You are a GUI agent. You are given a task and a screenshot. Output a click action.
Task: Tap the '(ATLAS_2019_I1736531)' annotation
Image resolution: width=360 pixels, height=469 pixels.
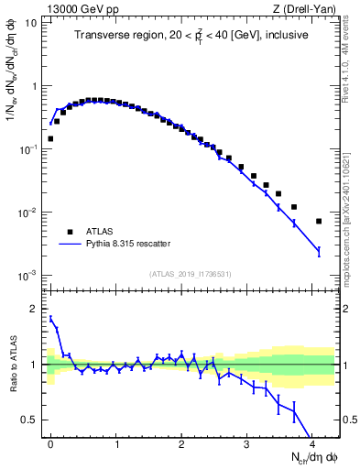[189, 273]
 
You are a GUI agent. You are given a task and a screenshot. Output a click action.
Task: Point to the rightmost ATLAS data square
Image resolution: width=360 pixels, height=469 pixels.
[319, 221]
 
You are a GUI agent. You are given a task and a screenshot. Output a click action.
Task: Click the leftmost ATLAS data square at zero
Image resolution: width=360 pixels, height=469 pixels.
[50, 139]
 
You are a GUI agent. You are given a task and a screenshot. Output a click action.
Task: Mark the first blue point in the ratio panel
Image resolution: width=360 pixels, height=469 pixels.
[50, 319]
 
